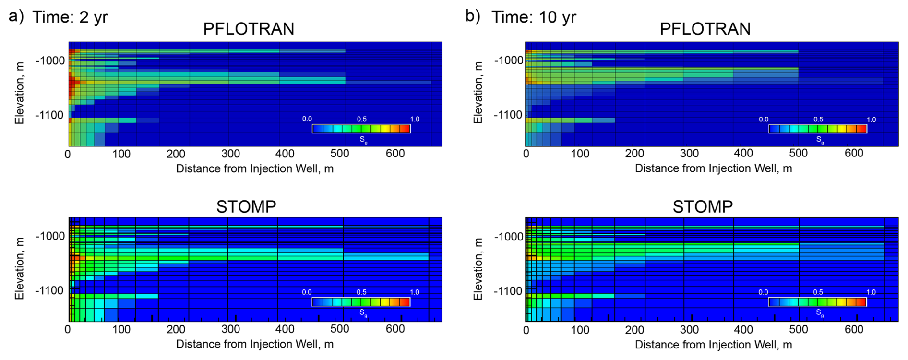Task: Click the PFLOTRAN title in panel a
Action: click(249, 29)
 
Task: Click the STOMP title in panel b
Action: click(703, 207)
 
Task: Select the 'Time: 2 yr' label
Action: click(70, 17)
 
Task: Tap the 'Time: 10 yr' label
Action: click(534, 17)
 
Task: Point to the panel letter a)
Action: click(16, 16)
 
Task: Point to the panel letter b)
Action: click(473, 16)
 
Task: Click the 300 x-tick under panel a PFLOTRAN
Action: click(230, 154)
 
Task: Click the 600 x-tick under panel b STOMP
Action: click(854, 330)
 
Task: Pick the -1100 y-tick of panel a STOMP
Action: click(49, 291)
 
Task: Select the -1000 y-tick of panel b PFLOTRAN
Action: click(509, 60)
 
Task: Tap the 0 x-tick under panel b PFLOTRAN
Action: click(526, 154)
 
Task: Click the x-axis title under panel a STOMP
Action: click(254, 344)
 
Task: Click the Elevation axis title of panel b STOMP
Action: click(478, 269)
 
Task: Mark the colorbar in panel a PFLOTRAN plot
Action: click(361, 129)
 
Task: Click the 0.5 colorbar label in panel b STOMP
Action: click(818, 292)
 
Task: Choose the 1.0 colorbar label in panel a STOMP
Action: click(414, 292)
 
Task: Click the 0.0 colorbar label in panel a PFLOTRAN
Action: click(307, 119)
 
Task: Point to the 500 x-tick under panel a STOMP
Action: click(340, 329)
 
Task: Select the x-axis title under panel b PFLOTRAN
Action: click(713, 168)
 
